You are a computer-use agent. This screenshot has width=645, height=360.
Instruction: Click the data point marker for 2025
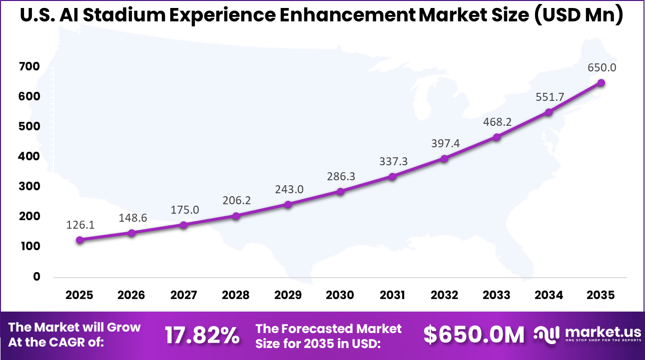[80, 240]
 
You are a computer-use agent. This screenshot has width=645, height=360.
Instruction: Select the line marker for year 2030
[340, 191]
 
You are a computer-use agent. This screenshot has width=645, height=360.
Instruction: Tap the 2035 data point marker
[601, 83]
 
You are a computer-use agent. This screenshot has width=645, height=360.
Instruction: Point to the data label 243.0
[289, 190]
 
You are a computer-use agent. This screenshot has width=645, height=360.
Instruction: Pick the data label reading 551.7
[550, 97]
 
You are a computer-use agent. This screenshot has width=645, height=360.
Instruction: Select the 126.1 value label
[80, 225]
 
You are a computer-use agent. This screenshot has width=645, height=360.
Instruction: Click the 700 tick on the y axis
[29, 66]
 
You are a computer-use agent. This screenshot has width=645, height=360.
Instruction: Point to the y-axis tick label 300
[29, 186]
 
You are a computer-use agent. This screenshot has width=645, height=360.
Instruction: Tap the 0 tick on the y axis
[36, 276]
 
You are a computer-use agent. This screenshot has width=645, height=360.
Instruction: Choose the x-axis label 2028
[236, 295]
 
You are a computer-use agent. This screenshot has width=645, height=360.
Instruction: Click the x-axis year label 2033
[497, 295]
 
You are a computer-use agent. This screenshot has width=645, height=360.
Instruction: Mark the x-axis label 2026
[131, 295]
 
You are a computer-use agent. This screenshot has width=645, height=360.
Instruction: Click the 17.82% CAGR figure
[202, 336]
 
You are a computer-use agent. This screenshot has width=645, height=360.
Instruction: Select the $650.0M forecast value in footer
[474, 335]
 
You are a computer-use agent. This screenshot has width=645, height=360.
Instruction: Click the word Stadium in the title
[124, 15]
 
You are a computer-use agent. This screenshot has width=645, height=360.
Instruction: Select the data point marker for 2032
[445, 158]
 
